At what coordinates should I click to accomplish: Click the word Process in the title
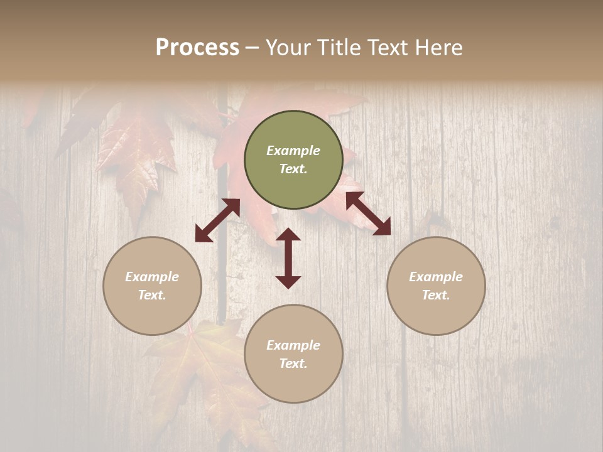[197, 48]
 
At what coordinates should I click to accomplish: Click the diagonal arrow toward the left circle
[217, 220]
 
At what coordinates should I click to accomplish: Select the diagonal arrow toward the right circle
[368, 213]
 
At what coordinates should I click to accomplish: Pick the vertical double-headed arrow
[288, 258]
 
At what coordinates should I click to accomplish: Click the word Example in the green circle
[293, 151]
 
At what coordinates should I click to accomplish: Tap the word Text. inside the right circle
[436, 295]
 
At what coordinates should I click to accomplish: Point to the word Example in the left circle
[152, 277]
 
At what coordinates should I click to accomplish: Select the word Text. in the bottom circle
[293, 363]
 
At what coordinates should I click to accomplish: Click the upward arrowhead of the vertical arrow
[288, 235]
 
